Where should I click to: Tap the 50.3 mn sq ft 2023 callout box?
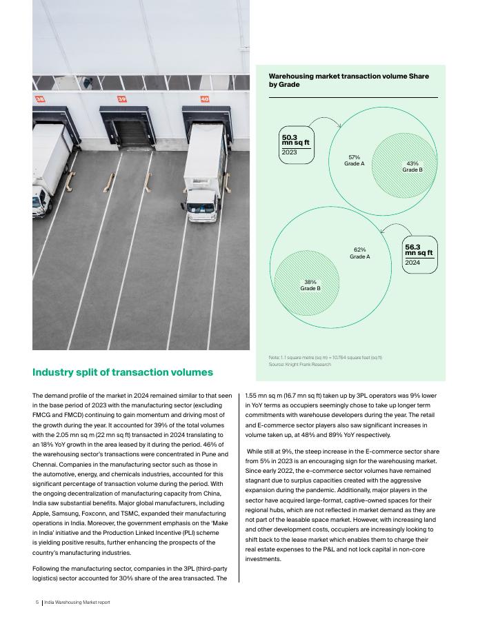(297, 145)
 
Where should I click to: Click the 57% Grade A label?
(355, 161)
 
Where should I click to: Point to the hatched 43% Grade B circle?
(412, 166)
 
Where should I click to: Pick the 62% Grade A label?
(359, 253)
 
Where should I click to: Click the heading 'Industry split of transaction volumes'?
(123, 372)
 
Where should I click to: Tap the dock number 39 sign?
(121, 99)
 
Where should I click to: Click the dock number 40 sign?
(204, 99)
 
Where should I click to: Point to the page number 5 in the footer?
(37, 602)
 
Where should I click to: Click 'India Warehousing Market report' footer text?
(77, 602)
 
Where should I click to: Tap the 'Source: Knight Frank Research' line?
(299, 364)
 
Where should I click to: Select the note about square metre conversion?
(325, 357)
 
